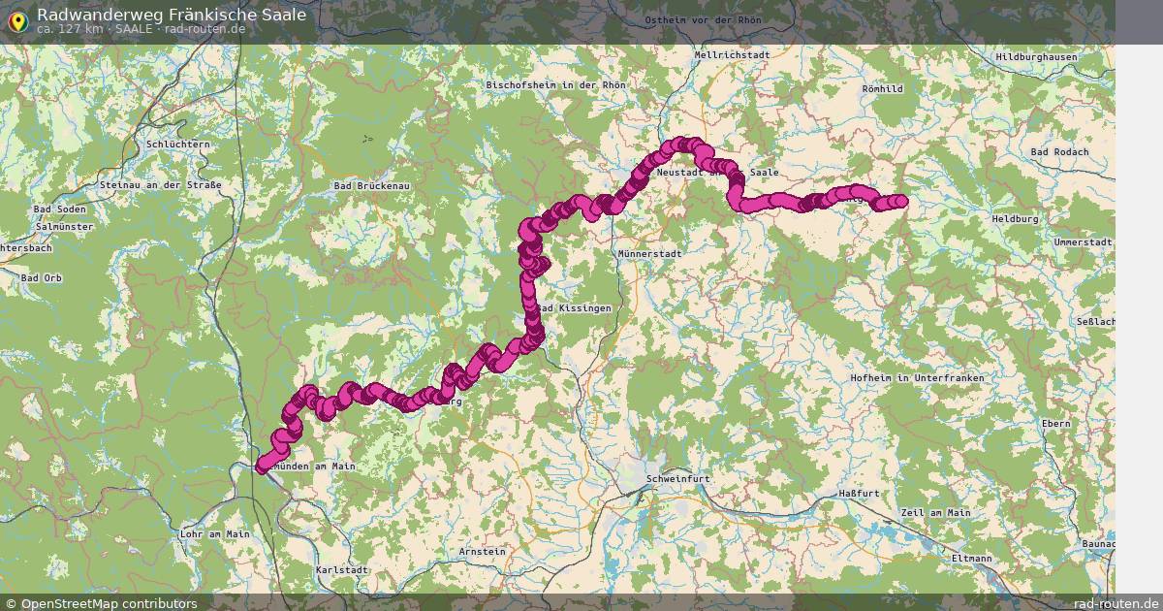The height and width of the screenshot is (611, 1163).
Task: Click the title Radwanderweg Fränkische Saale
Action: coord(172,14)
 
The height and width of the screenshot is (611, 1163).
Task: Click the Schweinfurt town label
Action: coord(678,479)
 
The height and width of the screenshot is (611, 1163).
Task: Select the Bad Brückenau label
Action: coord(371,185)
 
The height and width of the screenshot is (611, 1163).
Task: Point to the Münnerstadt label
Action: coord(649,253)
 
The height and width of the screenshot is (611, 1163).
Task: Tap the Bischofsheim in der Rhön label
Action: coord(555,85)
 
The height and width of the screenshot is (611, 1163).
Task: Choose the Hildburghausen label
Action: coord(1036,57)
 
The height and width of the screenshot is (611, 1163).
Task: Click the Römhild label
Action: coord(882,89)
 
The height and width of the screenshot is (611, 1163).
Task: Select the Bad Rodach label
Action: coord(1059,152)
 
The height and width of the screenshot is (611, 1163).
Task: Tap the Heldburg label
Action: coord(1015,219)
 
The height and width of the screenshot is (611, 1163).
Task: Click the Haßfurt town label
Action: coord(859,494)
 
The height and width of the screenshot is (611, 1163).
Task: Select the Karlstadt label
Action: coord(342,570)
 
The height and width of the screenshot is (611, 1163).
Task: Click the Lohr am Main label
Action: coord(214,534)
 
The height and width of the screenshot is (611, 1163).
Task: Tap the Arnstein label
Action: coord(482,552)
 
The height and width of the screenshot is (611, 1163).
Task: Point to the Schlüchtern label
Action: coord(176,145)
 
